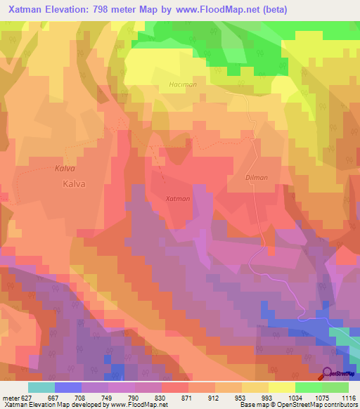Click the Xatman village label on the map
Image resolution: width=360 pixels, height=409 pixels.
(177, 199)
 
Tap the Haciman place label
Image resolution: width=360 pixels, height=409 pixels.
(201, 84)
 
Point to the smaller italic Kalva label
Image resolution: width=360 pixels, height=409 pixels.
(64, 168)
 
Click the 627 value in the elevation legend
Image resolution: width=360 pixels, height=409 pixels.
(27, 397)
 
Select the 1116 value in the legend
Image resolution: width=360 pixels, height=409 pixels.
(349, 397)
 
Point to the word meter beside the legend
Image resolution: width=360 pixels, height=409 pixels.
(10, 397)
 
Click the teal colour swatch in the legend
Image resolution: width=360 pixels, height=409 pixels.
(41, 387)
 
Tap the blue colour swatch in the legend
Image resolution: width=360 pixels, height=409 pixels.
(68, 387)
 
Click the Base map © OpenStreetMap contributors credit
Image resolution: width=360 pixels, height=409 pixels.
(298, 405)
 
